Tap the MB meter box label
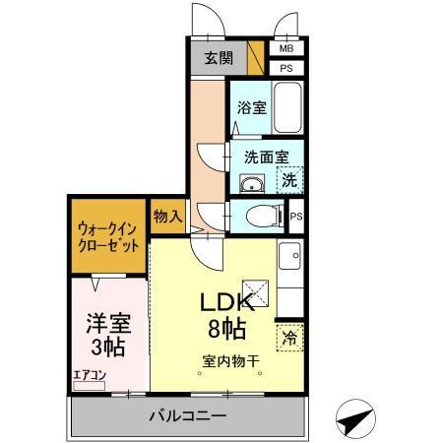click(286, 48)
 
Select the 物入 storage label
click(165, 215)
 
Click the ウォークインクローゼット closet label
click(107, 237)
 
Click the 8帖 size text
click(225, 329)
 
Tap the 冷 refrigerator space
click(289, 337)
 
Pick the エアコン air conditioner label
click(90, 374)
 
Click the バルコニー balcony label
click(187, 416)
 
